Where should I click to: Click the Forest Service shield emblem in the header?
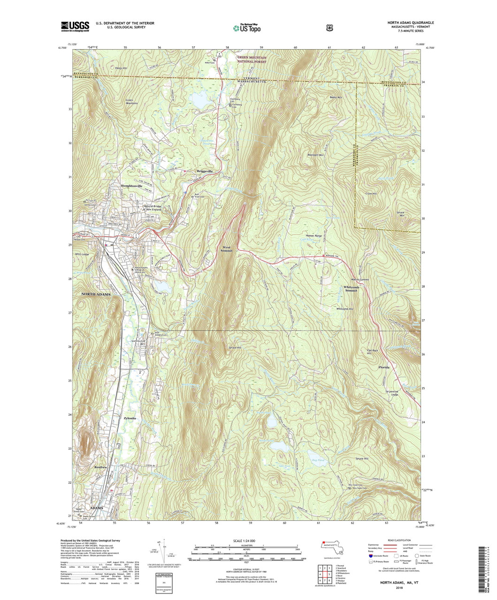pos(329,27)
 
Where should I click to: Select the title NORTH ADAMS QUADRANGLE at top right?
pos(410,22)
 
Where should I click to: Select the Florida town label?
pos(384,367)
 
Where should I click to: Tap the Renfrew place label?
pos(101,467)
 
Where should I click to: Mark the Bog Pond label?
pos(318,460)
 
